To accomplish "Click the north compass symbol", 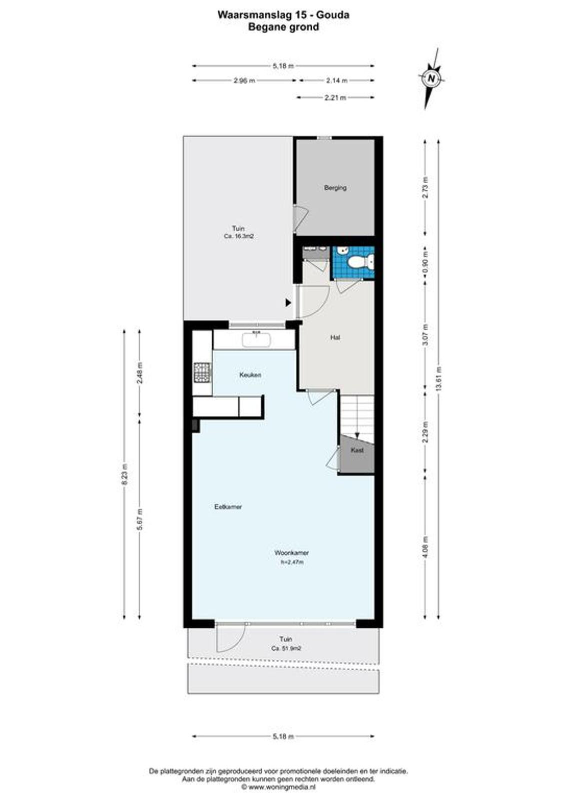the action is point(432,78).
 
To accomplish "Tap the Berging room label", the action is point(335,187).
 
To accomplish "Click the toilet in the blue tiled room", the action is point(359,263).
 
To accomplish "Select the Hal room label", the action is point(335,337).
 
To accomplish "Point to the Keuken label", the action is point(250,375).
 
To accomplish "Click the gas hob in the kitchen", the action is point(203,372).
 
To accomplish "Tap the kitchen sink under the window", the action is point(257,339).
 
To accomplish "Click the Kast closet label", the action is point(357,450).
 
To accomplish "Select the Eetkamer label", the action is point(228,507).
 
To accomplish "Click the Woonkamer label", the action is point(291,553).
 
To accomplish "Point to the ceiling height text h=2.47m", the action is point(292,562).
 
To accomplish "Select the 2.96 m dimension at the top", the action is point(245,81).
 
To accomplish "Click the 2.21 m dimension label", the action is point(335,98).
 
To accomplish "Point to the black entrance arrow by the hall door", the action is point(288,303).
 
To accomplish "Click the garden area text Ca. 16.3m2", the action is point(239,236).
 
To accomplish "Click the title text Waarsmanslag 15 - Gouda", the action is point(284,15).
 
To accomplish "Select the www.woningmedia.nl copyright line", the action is point(279,787).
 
